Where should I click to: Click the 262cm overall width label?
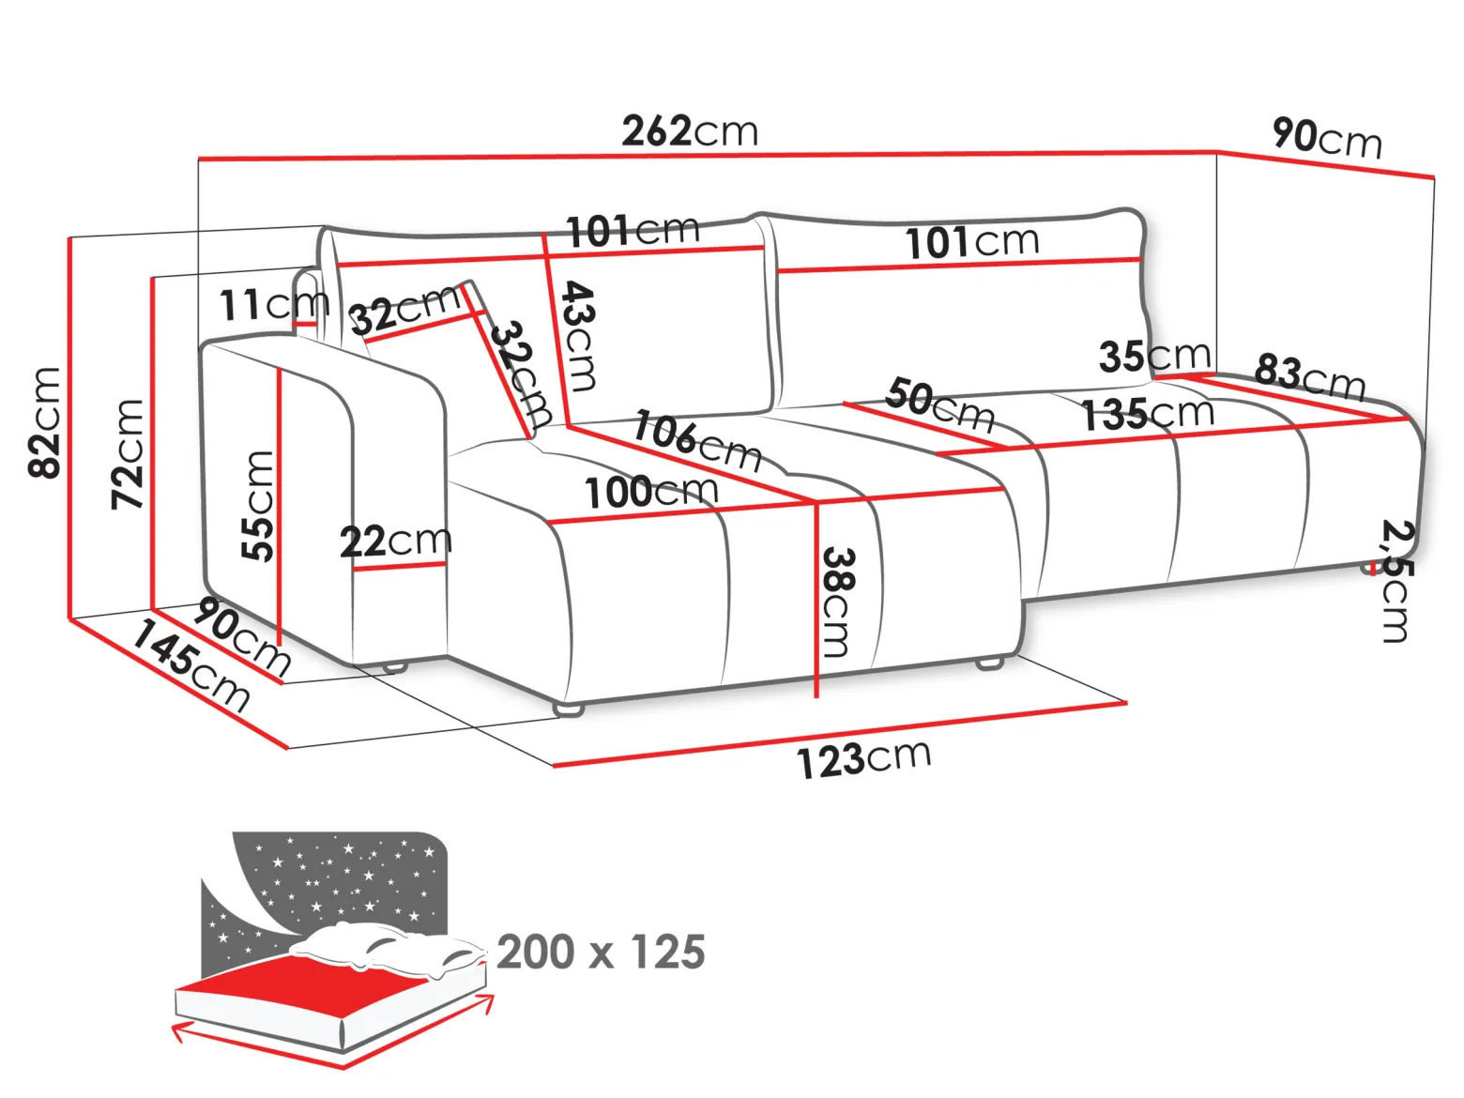(690, 130)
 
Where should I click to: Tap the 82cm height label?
(45, 422)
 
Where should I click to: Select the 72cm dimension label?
(127, 454)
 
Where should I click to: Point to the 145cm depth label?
(191, 665)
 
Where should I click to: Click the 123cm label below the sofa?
(863, 758)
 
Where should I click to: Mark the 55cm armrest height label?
(257, 506)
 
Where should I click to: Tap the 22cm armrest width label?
(395, 541)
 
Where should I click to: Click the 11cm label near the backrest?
(274, 305)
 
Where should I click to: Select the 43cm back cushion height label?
(578, 336)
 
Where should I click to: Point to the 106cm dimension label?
(697, 441)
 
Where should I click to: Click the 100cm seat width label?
(651, 491)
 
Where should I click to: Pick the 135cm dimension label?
(1147, 414)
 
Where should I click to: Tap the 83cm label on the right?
(1310, 377)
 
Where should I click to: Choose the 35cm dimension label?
(1154, 356)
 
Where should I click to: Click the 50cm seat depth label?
(940, 404)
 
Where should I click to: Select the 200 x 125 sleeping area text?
(601, 952)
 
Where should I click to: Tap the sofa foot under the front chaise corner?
(568, 709)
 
